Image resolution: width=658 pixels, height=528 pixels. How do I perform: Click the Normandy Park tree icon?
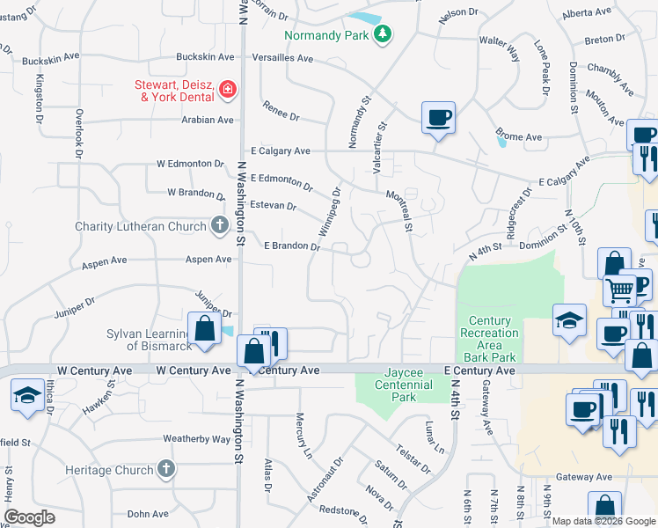click(383, 34)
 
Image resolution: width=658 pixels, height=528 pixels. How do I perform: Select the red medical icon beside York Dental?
click(228, 89)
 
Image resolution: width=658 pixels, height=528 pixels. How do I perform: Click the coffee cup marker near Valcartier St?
click(438, 117)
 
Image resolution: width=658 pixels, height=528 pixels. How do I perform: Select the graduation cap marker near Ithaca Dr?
click(28, 393)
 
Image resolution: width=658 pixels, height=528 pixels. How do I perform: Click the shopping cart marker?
click(620, 288)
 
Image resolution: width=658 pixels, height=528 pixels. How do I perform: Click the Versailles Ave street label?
click(281, 58)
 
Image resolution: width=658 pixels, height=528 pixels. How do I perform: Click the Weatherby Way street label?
click(196, 438)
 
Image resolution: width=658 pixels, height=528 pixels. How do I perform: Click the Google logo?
click(30, 517)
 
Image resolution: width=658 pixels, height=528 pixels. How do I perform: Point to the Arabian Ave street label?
click(207, 120)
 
